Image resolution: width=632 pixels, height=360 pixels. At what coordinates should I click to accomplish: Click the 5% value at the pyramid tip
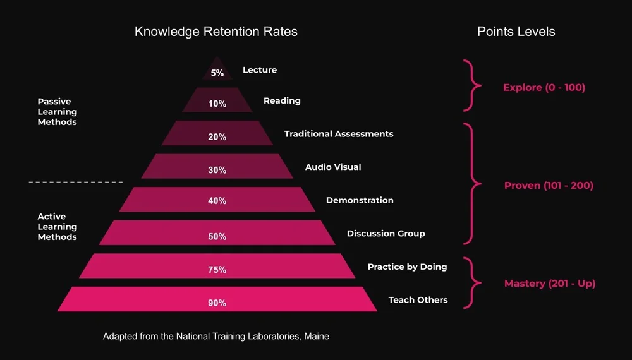217,73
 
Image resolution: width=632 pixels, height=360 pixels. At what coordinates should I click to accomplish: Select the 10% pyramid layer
217,104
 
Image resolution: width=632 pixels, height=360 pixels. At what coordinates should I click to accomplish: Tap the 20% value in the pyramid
217,137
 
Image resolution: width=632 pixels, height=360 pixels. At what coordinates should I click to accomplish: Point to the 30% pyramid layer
217,170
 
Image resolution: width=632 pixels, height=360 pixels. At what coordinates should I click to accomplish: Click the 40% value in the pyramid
217,201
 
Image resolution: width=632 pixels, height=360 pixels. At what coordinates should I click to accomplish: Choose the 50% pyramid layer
217,236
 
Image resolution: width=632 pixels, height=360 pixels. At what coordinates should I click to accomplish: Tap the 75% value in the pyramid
217,270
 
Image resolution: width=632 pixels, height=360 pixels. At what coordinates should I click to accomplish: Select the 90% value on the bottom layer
217,303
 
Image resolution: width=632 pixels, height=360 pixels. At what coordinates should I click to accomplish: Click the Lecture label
260,70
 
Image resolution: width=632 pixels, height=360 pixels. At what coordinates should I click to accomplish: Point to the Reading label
282,100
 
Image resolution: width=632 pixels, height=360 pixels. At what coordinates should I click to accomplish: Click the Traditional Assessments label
339,134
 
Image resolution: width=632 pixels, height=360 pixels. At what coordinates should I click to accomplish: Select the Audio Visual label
333,167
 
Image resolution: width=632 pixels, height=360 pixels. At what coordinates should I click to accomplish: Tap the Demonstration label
360,200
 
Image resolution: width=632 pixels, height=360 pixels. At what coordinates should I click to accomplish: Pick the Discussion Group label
386,234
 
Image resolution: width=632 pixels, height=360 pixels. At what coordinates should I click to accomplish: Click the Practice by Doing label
407,267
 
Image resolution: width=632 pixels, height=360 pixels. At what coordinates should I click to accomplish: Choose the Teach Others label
418,300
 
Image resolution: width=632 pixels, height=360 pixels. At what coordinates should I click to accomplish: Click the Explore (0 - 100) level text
544,88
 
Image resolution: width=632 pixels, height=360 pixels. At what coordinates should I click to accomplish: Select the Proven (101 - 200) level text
549,186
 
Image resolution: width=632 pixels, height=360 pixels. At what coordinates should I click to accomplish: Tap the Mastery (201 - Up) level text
550,284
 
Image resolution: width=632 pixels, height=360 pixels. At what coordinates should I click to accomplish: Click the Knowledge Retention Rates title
216,31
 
